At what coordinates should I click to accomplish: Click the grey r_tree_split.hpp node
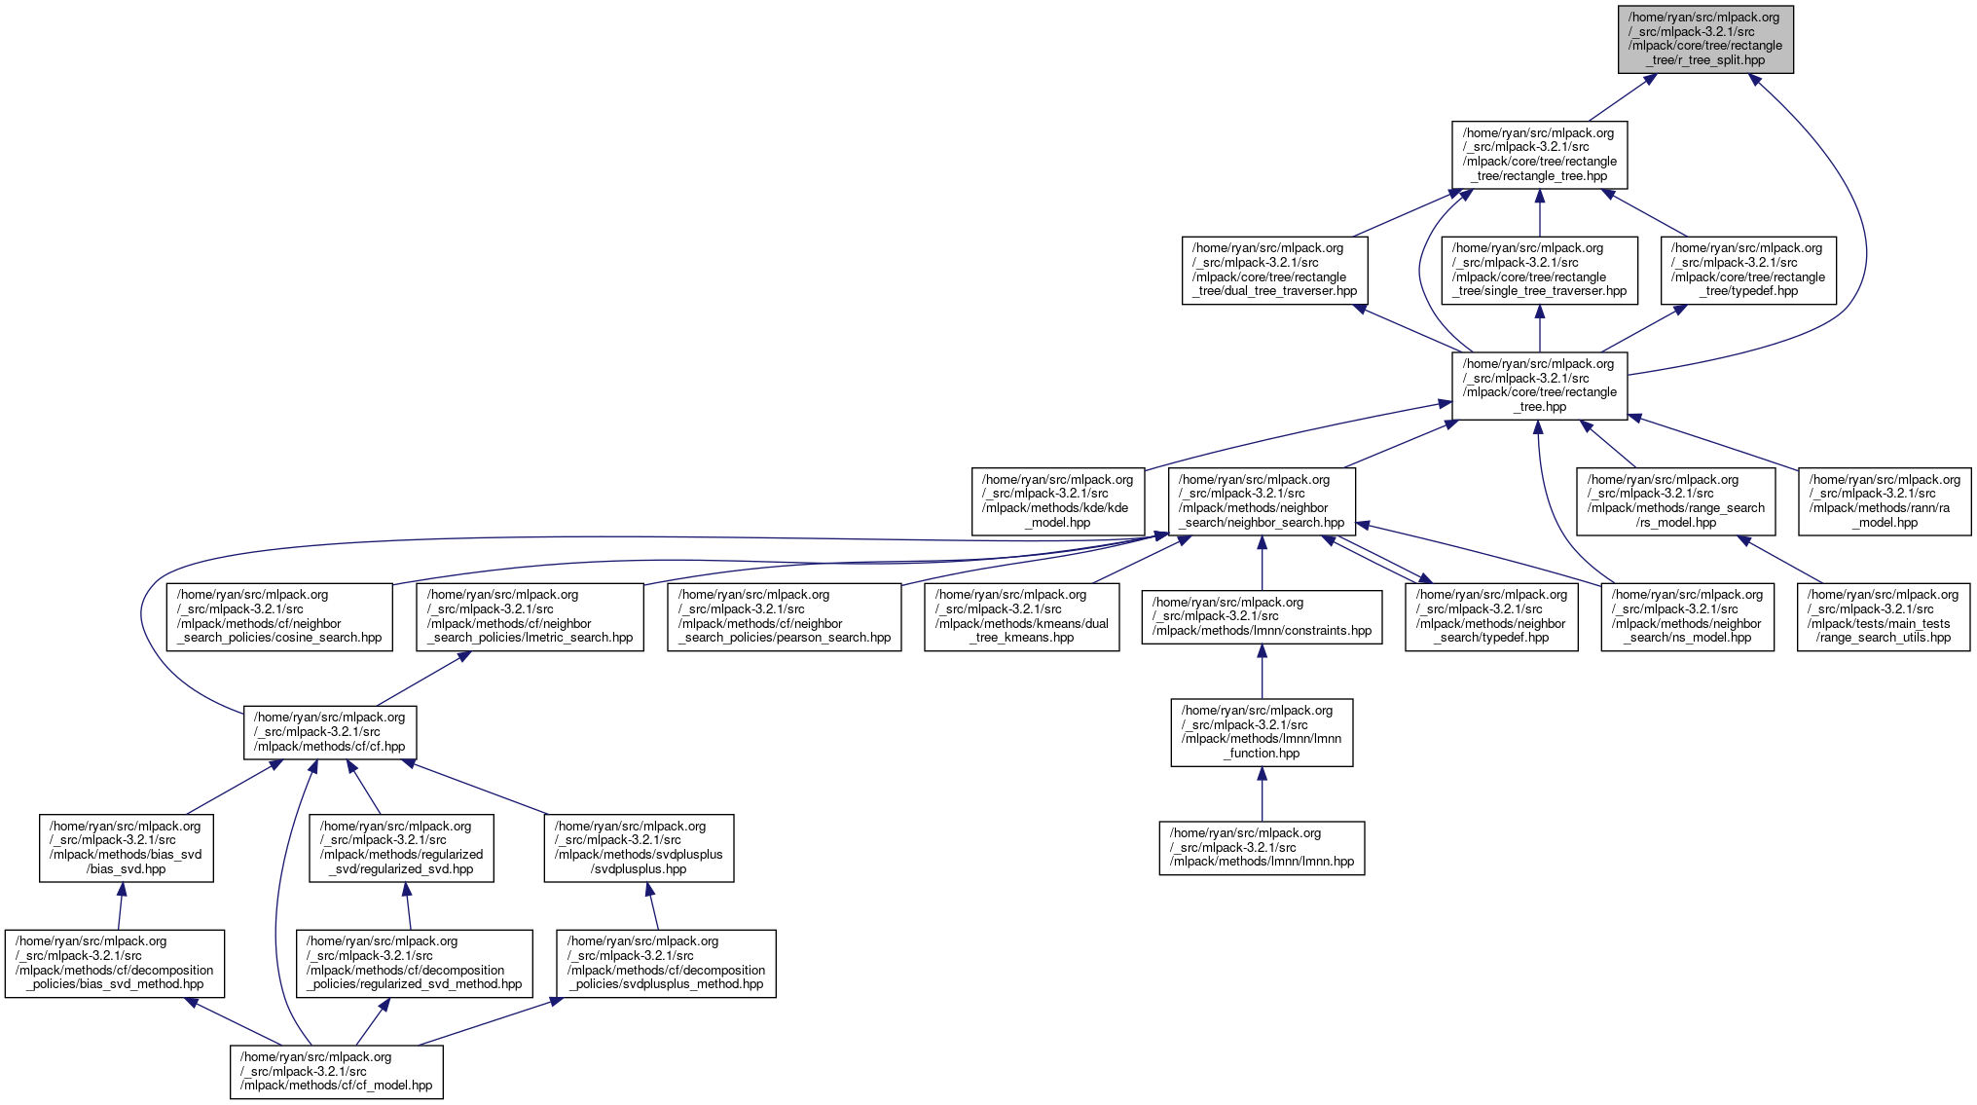(x=1705, y=39)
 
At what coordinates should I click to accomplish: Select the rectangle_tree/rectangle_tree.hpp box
(x=1539, y=155)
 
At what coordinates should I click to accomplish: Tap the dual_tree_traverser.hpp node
(x=1274, y=270)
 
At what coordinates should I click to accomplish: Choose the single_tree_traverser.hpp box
(x=1539, y=270)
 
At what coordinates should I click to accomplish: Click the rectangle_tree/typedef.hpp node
(x=1748, y=270)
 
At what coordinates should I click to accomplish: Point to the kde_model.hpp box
(x=1057, y=501)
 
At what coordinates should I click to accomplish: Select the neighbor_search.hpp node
(x=1262, y=501)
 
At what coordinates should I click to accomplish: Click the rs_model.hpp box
(x=1675, y=501)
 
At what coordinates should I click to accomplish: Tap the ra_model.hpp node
(x=1885, y=501)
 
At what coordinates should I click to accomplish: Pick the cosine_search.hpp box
(x=279, y=616)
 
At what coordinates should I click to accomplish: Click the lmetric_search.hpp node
(x=530, y=616)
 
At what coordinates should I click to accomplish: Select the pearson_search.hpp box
(x=785, y=616)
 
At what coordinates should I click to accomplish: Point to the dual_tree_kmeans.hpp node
(x=1021, y=616)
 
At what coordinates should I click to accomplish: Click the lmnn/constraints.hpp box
(x=1262, y=616)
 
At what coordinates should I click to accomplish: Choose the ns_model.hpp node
(x=1687, y=616)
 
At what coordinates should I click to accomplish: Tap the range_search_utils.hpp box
(x=1884, y=616)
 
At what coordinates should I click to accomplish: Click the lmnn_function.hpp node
(x=1262, y=732)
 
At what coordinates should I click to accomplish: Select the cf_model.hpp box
(x=336, y=1072)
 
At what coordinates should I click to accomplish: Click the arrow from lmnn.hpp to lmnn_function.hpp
(x=1262, y=794)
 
